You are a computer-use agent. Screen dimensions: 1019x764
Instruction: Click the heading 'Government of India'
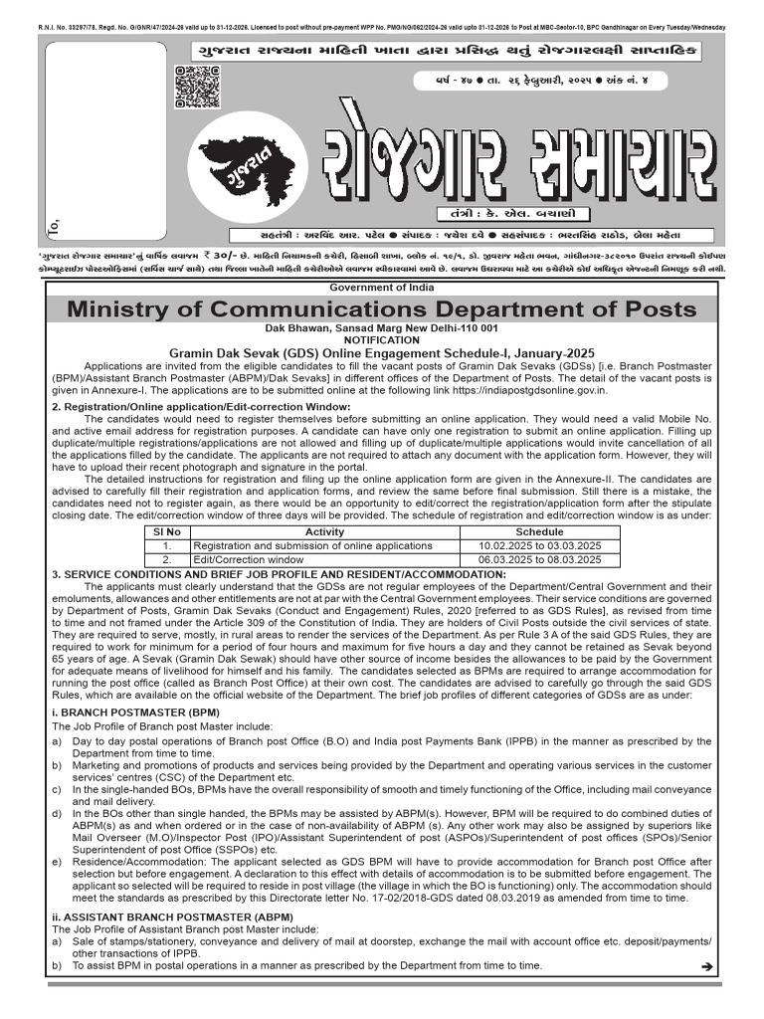[x=382, y=288]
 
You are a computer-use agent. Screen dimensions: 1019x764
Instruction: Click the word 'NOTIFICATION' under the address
[x=382, y=339]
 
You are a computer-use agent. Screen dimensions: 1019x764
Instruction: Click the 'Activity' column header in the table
[x=324, y=532]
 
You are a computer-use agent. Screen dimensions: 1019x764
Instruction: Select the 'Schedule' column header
[x=540, y=532]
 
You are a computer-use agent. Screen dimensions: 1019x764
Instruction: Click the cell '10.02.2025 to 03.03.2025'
[x=540, y=546]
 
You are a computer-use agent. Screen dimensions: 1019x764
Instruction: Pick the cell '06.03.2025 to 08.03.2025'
[x=540, y=560]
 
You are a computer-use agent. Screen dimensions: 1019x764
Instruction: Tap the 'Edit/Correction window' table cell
[x=249, y=560]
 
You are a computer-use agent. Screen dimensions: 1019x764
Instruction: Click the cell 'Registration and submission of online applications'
[x=312, y=546]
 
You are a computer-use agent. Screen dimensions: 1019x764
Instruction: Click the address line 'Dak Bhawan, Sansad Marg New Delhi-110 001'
[x=382, y=327]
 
